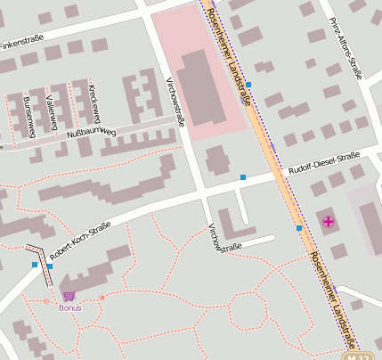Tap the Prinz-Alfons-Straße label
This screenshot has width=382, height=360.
point(345,47)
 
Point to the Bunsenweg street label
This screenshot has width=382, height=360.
point(30,116)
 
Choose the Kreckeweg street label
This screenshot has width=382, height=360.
point(93,104)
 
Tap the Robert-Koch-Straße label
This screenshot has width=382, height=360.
point(80,238)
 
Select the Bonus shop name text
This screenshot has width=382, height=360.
point(69,307)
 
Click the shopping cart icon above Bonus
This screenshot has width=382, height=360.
point(69,296)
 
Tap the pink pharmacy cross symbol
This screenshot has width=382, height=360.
point(329,221)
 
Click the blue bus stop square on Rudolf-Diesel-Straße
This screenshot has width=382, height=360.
point(242,177)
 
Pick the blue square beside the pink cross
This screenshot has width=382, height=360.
point(299,228)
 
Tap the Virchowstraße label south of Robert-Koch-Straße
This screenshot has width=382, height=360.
point(224,238)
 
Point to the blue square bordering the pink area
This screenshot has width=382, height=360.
point(249,85)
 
